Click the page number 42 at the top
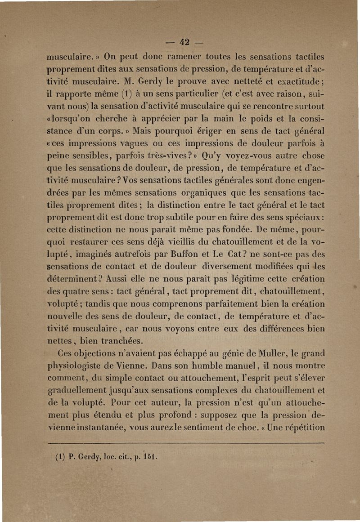click(x=186, y=44)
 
